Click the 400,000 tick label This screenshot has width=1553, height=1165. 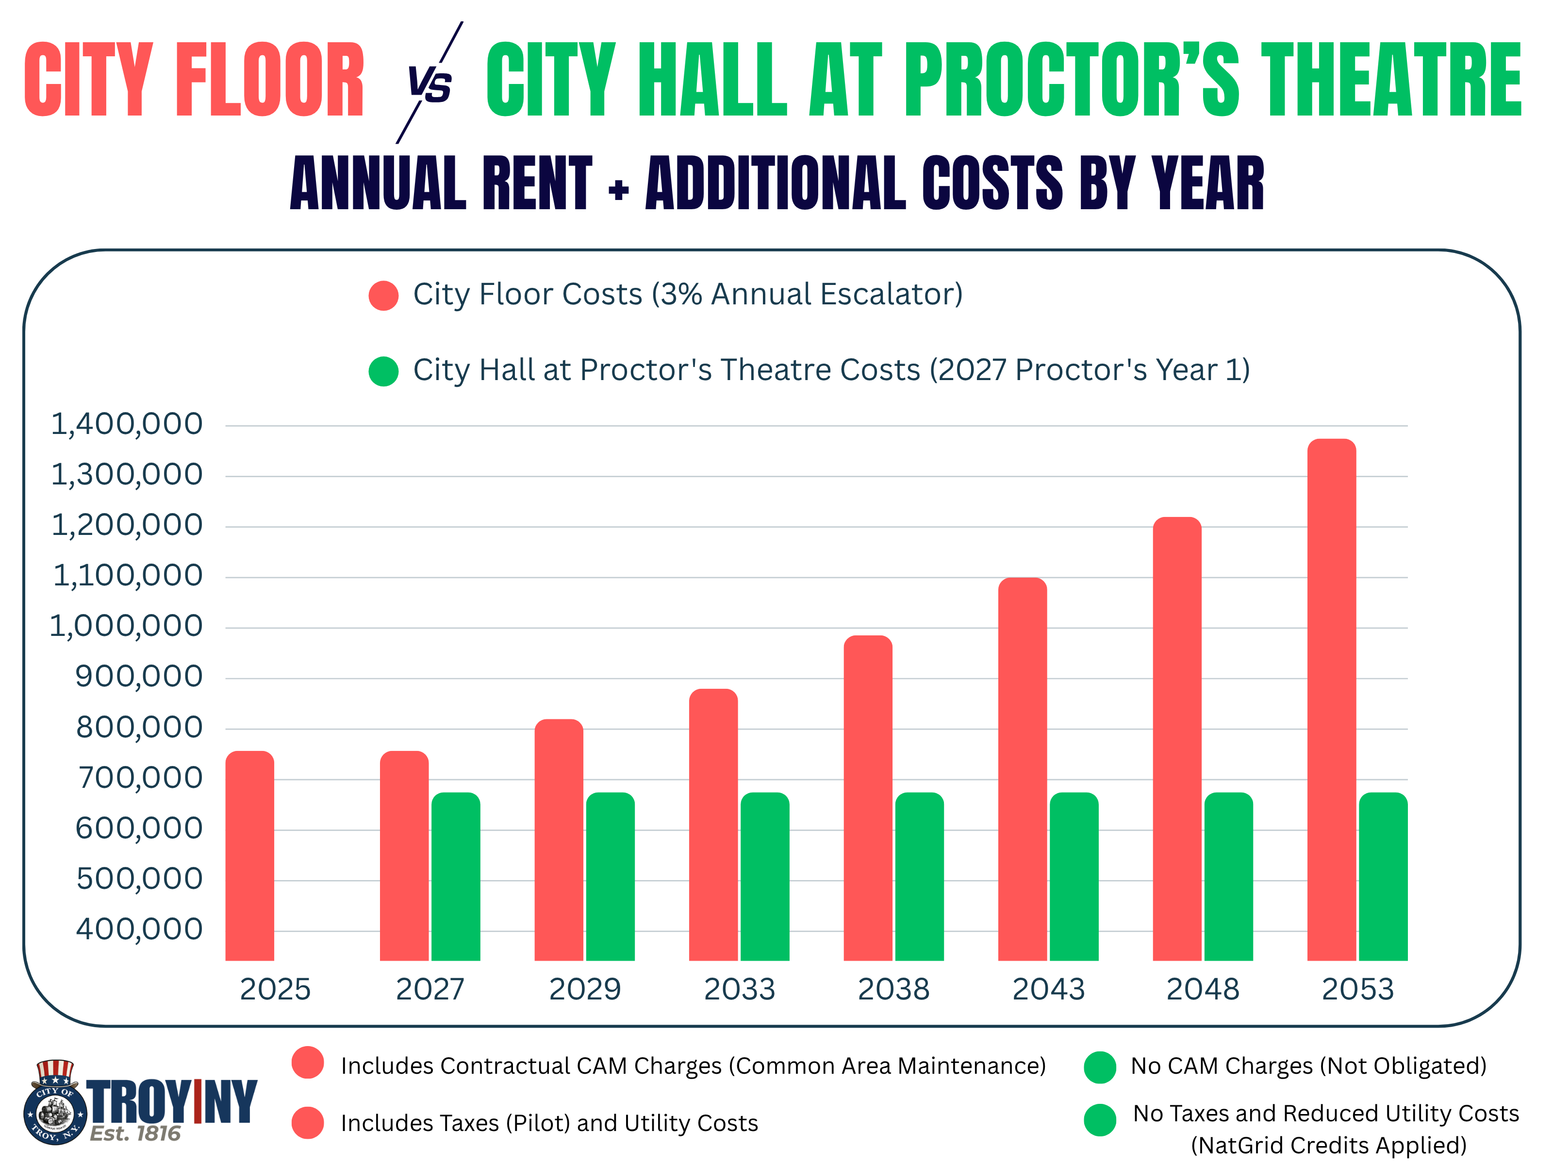click(139, 929)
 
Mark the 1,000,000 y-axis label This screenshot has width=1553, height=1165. click(126, 626)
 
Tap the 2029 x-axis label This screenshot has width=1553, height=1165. click(584, 989)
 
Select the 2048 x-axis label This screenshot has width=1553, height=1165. click(1202, 989)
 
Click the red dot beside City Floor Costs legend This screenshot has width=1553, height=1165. click(383, 296)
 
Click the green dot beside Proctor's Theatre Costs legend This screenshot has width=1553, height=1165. click(383, 371)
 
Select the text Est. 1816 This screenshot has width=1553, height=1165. click(135, 1133)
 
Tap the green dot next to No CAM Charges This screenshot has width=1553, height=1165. click(1099, 1067)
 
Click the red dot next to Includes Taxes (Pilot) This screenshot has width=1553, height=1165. click(308, 1122)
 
